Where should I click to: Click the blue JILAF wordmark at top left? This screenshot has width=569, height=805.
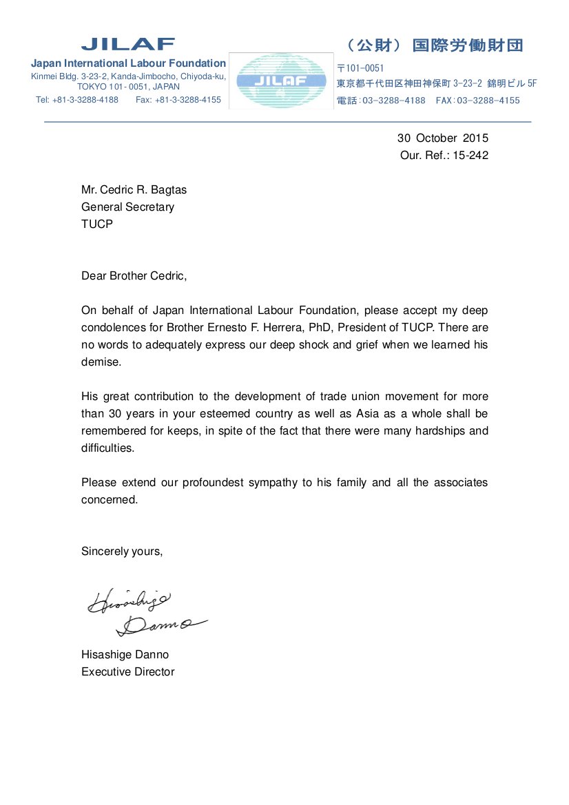coord(128,44)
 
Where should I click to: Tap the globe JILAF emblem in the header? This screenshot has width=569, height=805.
coord(280,80)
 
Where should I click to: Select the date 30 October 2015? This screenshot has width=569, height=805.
coord(443,138)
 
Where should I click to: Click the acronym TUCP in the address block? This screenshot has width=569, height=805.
coord(96,224)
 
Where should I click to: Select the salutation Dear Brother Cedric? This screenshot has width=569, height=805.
coord(134,276)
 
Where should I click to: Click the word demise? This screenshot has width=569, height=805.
coord(101,362)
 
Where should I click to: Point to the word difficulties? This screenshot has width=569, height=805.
coord(107,448)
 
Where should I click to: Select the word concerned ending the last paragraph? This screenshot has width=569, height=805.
coord(110,500)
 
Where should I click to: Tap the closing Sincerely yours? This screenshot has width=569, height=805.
coord(122,552)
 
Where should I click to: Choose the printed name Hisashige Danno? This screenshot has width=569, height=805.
coord(125,655)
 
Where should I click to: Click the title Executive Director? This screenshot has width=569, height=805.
coord(127,672)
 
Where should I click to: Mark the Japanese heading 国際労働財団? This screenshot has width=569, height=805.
coord(468,45)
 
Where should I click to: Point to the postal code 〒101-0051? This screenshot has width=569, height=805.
coord(360,68)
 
